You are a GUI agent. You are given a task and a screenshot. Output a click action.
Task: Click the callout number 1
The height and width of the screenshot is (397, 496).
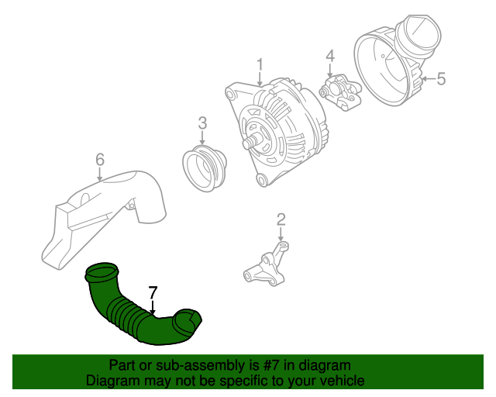point(260,64)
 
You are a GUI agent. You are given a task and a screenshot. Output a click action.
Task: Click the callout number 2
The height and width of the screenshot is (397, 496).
point(281,219)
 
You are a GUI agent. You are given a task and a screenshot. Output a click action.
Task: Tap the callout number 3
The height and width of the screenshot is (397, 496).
point(202,123)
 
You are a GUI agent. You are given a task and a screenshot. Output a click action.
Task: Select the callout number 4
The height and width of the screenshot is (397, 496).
point(329,56)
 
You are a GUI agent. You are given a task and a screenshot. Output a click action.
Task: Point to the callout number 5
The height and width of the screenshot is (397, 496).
point(441,78)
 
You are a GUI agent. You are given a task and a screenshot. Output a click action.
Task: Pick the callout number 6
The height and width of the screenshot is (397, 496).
point(99,160)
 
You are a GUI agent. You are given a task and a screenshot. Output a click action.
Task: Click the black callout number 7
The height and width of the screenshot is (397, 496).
point(153,292)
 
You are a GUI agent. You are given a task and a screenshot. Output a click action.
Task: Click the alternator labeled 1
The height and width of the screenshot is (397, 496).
point(283,132)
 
